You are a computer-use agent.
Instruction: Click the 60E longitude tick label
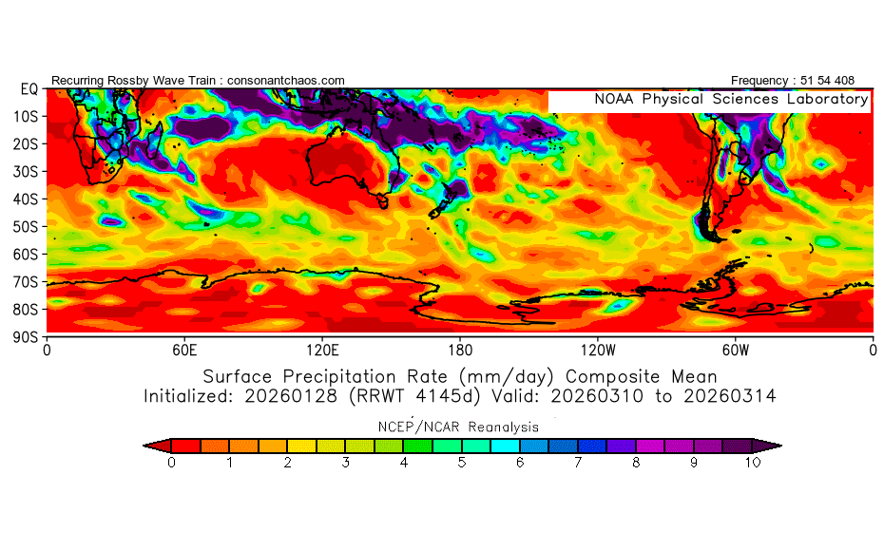[x=184, y=349]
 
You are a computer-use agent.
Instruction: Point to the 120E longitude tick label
[x=322, y=349]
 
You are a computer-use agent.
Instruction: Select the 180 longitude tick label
[x=460, y=349]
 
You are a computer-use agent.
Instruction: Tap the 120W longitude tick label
[x=597, y=349]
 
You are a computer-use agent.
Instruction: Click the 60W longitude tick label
[x=735, y=349]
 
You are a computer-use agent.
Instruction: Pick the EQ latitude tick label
[x=29, y=89]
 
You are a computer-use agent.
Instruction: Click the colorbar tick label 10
[x=753, y=463]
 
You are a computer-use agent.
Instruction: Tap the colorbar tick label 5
[x=462, y=463]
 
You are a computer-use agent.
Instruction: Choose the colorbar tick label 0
[x=171, y=463]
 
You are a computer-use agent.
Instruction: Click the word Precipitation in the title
[x=348, y=374]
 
